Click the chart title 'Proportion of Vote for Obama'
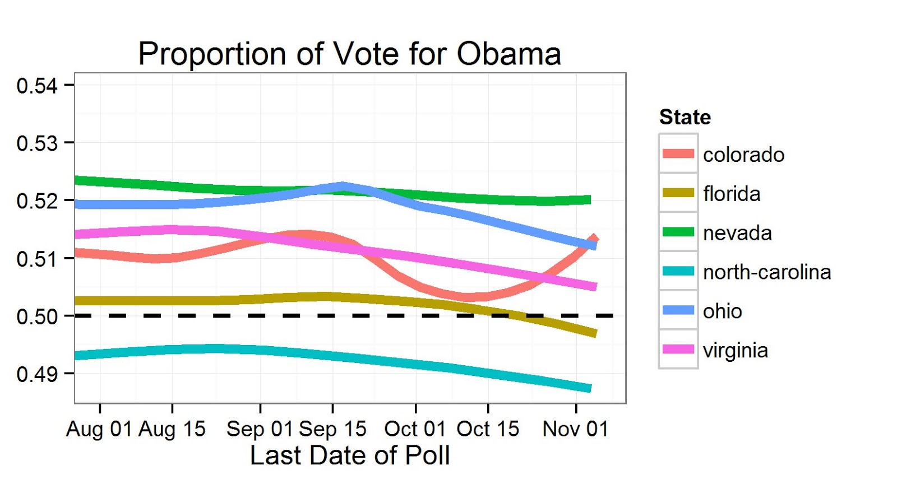349,54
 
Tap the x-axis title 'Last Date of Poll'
349,455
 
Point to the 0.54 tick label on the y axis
37,86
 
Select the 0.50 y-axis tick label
37,316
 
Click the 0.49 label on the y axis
37,374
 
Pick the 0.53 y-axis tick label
37,143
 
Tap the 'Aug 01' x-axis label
99,429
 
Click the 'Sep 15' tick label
332,429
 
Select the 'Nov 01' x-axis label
575,429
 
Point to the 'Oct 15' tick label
488,429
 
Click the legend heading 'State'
685,117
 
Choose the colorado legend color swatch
678,153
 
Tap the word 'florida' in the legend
732,194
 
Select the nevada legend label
737,233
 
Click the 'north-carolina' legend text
766,272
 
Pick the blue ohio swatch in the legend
678,310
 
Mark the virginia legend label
735,351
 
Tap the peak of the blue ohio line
343,186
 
